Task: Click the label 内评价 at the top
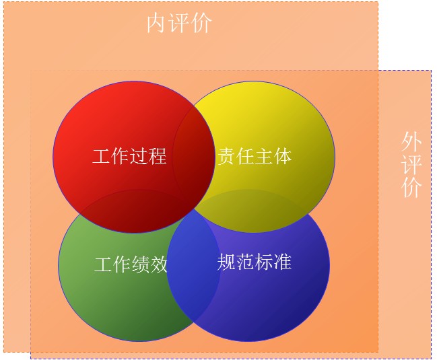pyautogui.click(x=179, y=24)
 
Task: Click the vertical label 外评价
pyautogui.click(x=411, y=165)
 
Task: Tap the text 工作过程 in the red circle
pyautogui.click(x=129, y=156)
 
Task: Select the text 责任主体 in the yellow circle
pyautogui.click(x=255, y=156)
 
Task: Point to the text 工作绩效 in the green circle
pyautogui.click(x=131, y=264)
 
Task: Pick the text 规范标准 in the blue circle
pyautogui.click(x=254, y=262)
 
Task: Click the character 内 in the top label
pyautogui.click(x=157, y=24)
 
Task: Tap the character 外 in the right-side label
pyautogui.click(x=411, y=142)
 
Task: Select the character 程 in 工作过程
pyautogui.click(x=158, y=156)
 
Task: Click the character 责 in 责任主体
pyautogui.click(x=227, y=156)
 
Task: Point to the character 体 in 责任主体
pyautogui.click(x=283, y=156)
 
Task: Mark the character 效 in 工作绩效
pyautogui.click(x=159, y=264)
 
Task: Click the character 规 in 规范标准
pyautogui.click(x=226, y=262)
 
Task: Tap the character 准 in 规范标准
pyautogui.click(x=283, y=262)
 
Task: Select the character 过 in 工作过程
pyautogui.click(x=139, y=156)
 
